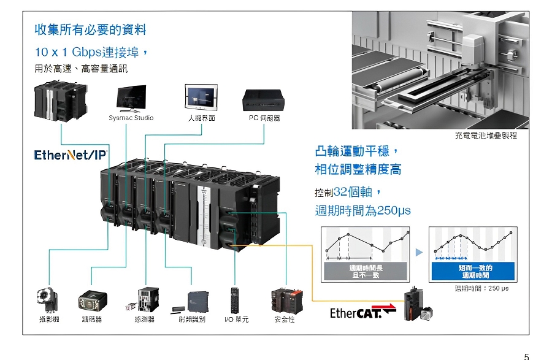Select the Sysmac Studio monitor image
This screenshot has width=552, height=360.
coord(131,98)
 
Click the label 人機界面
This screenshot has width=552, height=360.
coord(201,118)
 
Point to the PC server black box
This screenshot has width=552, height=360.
coord(263,99)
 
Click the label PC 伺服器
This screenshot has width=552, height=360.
coord(264,118)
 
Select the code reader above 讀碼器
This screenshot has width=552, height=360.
coord(93,300)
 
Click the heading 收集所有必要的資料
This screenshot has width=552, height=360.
coord(90,29)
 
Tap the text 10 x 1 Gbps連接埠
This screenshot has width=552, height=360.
coord(91,52)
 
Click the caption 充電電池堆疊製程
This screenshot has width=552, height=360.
coord(486,135)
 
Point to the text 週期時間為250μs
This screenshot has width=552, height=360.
coord(362,210)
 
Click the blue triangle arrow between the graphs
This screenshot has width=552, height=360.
coord(420,252)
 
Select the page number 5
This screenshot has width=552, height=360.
coord(526,356)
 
